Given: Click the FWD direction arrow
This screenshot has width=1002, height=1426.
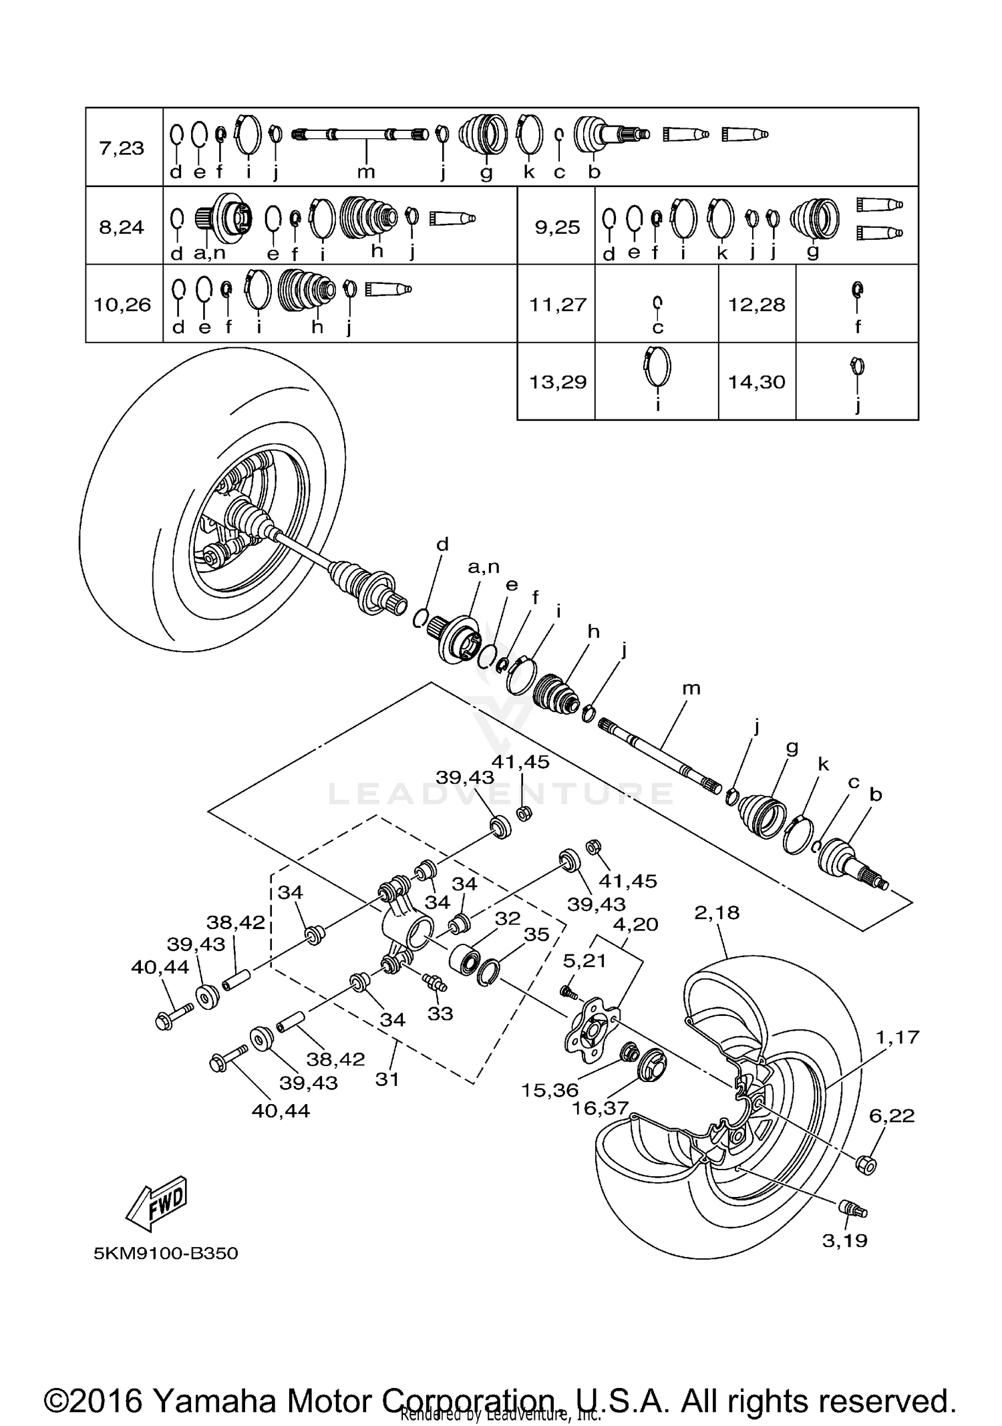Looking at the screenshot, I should pyautogui.click(x=158, y=1203).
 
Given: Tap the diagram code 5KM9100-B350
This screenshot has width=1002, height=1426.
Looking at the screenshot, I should pyautogui.click(x=166, y=1253).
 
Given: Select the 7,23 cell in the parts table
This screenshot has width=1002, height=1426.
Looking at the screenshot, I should pyautogui.click(x=122, y=148).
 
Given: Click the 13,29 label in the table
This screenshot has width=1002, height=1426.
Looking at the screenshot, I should pyautogui.click(x=557, y=382).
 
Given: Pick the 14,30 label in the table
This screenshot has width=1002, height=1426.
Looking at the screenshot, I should pyautogui.click(x=756, y=382).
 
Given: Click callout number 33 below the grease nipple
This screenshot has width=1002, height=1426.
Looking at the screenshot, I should pyautogui.click(x=440, y=1013).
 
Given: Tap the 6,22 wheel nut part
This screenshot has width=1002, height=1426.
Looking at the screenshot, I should pyautogui.click(x=866, y=1164).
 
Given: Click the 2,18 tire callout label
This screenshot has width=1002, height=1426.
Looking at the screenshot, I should pyautogui.click(x=717, y=912).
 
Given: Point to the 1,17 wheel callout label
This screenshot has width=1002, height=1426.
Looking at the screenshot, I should pyautogui.click(x=898, y=1037).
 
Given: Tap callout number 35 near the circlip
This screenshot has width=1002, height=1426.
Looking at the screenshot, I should pyautogui.click(x=536, y=934).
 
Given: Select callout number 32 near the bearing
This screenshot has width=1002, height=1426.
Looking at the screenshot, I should pyautogui.click(x=508, y=918).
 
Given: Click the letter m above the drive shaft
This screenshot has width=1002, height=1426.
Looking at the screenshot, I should pyautogui.click(x=691, y=688).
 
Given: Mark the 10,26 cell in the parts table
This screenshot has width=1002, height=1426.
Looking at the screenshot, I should pyautogui.click(x=122, y=305).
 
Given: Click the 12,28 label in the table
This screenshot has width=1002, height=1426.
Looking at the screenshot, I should pyautogui.click(x=756, y=305).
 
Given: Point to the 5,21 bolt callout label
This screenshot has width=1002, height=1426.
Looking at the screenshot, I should pyautogui.click(x=585, y=960).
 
